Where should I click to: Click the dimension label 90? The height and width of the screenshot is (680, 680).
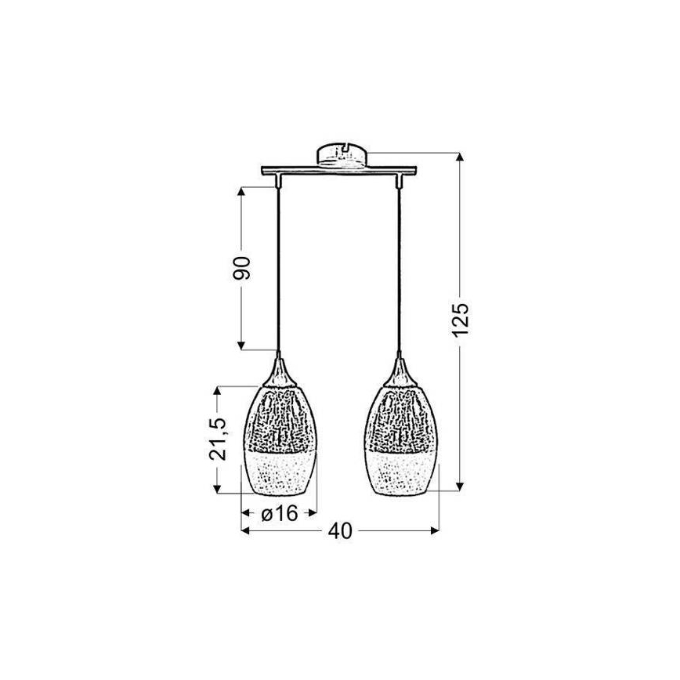[x=242, y=268]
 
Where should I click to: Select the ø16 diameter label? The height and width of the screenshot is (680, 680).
[x=278, y=514]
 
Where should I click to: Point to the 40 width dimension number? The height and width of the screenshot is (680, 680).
[x=339, y=531]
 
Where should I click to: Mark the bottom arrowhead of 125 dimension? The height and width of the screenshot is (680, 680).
[x=461, y=485]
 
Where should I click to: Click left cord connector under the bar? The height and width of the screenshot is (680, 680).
[x=279, y=183]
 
